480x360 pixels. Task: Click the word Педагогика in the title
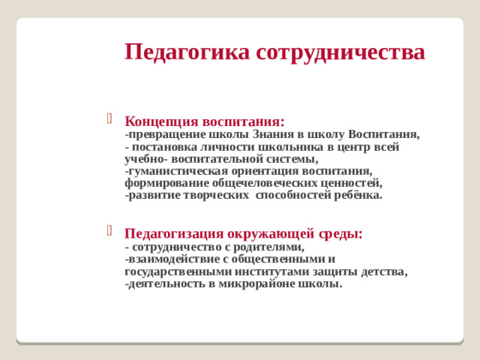187,52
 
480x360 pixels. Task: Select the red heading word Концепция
160,121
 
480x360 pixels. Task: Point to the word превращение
166,135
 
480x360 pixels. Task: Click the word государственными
178,271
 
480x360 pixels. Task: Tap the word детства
382,271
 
